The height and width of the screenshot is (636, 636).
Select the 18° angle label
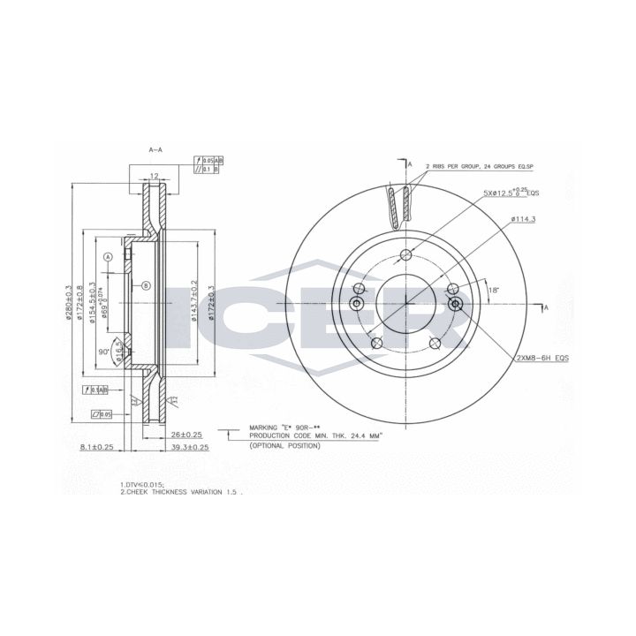click(492, 289)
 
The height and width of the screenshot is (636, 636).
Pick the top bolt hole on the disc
click(406, 256)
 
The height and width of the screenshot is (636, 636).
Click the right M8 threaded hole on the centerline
click(456, 304)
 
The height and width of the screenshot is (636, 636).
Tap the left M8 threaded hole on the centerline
click(357, 304)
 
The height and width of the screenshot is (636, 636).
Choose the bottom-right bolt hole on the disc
click(435, 344)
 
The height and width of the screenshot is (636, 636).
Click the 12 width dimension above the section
click(153, 177)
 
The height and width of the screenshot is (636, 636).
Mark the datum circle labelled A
click(109, 256)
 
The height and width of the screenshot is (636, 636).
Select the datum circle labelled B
click(147, 284)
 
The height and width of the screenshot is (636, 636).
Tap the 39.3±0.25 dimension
click(189, 448)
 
